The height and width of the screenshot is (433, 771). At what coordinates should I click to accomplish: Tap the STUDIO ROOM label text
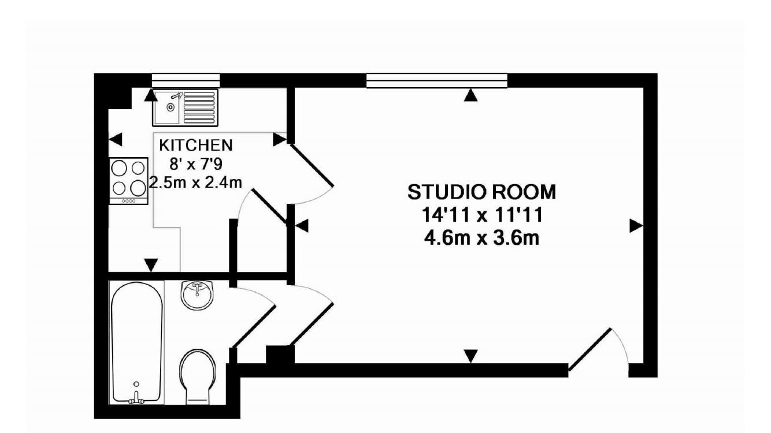482,191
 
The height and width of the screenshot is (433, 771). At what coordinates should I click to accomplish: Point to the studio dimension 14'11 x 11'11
482,214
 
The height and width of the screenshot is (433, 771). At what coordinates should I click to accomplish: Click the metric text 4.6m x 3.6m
482,237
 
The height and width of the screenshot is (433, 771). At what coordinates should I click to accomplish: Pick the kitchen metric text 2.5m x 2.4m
195,182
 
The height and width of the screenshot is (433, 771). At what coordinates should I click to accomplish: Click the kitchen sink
184,107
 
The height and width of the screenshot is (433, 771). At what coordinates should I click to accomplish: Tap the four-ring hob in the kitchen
128,179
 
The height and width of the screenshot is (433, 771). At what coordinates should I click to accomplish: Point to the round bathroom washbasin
197,295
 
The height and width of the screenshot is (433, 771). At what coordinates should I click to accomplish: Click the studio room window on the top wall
437,80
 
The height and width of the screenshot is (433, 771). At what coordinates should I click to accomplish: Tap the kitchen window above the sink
186,80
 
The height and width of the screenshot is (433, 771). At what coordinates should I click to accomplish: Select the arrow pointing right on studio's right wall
636,226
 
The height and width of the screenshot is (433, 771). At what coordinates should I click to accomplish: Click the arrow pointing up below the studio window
472,95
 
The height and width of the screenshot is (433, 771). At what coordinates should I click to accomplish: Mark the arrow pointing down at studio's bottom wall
472,356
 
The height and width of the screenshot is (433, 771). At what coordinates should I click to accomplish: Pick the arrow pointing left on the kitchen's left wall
116,139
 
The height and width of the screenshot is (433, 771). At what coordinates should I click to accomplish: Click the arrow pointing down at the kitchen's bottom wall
151,265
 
